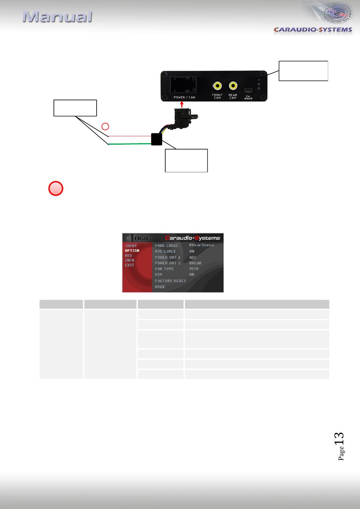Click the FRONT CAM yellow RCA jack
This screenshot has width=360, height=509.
click(x=217, y=86)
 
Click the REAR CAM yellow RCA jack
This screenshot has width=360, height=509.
click(x=233, y=86)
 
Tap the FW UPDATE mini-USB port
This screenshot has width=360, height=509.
click(x=248, y=91)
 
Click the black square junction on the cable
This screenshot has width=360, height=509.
click(x=157, y=139)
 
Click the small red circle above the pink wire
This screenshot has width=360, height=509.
click(x=106, y=126)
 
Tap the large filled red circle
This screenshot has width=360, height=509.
click(x=56, y=189)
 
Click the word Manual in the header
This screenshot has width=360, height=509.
click(x=57, y=17)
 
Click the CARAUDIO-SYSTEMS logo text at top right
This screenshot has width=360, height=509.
click(x=313, y=30)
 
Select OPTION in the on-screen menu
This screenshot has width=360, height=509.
click(x=132, y=251)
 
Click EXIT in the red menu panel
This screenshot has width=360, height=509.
click(x=130, y=265)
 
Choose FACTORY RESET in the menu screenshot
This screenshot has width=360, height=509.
click(x=170, y=281)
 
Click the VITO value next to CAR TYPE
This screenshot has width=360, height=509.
click(x=194, y=269)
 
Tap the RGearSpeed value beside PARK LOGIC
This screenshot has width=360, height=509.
click(x=201, y=245)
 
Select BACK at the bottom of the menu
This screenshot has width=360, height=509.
click(x=160, y=287)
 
